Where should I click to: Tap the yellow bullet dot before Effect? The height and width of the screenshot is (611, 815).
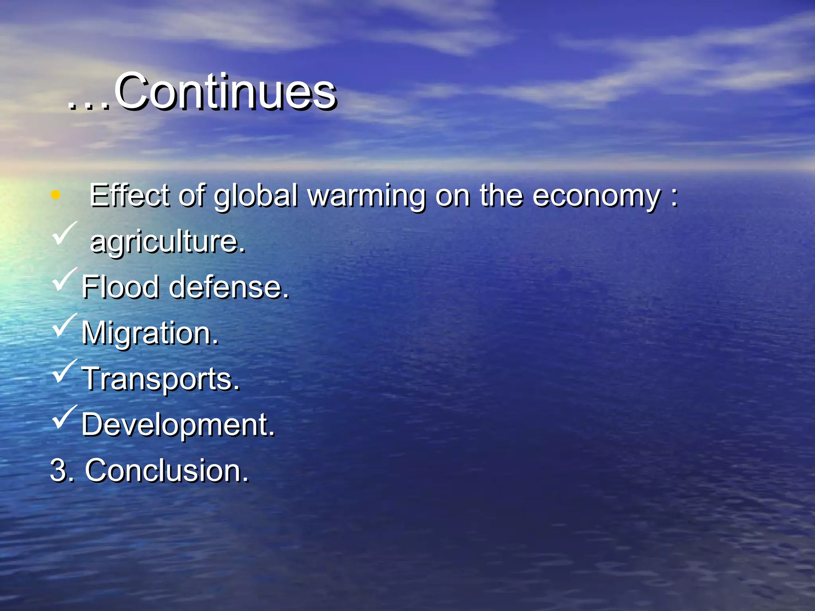56,195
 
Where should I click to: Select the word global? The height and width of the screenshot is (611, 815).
256,196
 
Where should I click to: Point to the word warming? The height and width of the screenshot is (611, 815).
367,196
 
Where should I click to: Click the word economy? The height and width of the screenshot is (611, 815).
597,196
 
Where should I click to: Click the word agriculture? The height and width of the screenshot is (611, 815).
168,241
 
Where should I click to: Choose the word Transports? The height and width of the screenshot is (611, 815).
161,379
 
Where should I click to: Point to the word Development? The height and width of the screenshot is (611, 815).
178,424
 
